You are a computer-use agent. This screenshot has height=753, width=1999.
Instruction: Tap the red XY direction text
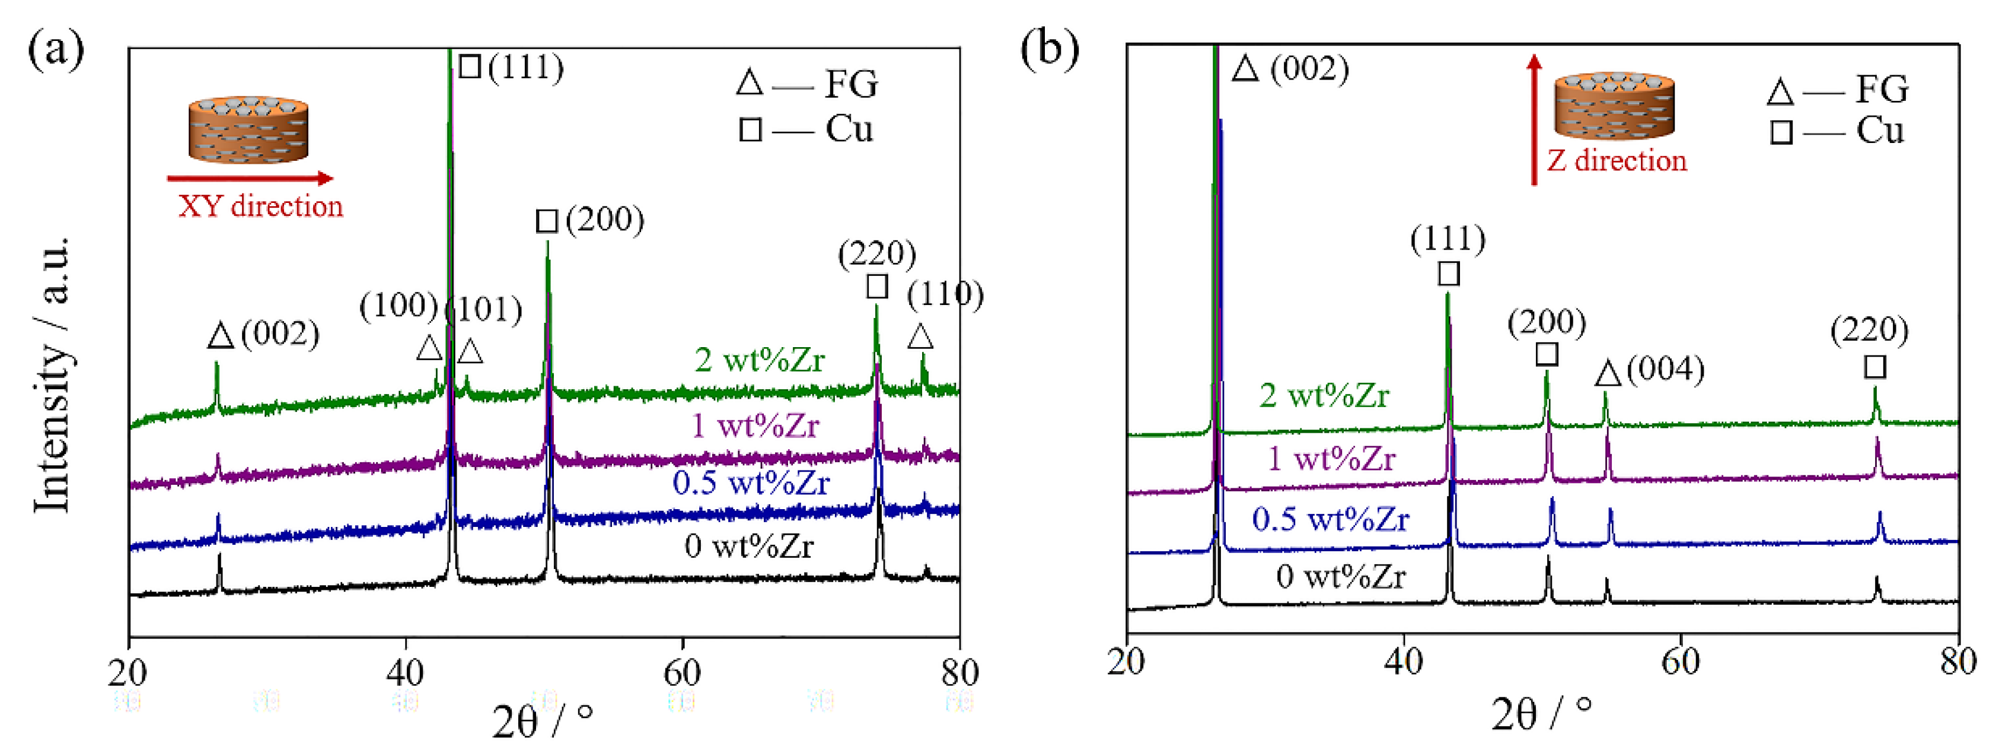coord(261,206)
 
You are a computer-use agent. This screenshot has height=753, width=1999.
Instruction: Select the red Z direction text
coord(1617,161)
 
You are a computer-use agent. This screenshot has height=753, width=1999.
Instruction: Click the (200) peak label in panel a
coord(604,221)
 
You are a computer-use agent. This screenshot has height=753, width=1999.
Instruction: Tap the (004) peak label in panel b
coord(1665,370)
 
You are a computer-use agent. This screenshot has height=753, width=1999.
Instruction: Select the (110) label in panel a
coord(945,294)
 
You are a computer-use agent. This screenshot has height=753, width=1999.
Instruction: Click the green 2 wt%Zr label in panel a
coord(759,360)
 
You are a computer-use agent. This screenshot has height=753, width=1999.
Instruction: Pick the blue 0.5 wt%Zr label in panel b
coord(1330,519)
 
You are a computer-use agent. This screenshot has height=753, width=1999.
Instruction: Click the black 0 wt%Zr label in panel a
coord(748,547)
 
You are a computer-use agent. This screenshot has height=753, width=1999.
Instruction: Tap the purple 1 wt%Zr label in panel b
coord(1331,459)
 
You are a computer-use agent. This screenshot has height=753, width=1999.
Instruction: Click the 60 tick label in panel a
coord(682,672)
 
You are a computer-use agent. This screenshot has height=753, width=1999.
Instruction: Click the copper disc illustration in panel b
coord(1614,105)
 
